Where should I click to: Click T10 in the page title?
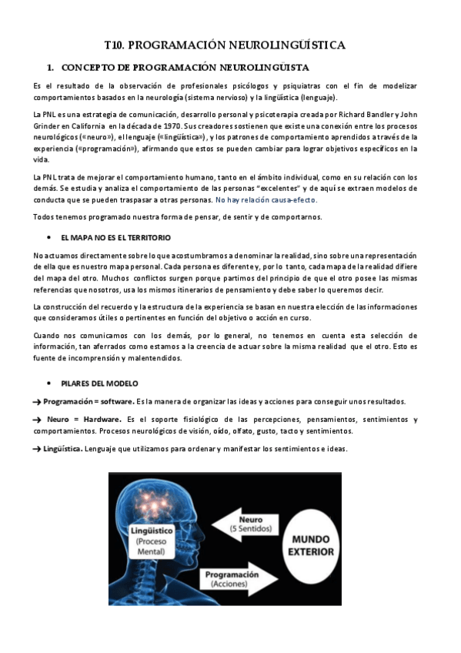click(x=115, y=46)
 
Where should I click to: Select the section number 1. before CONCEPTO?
click(x=51, y=68)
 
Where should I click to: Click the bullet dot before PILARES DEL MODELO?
click(x=50, y=383)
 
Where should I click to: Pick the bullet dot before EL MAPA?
click(x=50, y=237)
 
